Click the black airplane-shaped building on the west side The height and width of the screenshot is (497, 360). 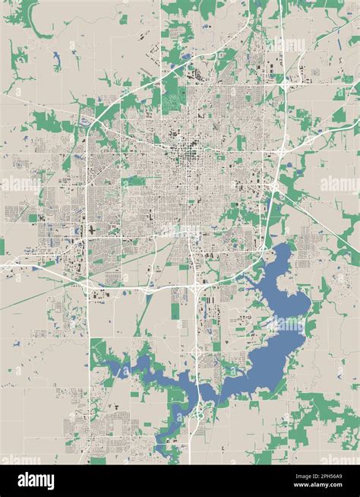(92, 229)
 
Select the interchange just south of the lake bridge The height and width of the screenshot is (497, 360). (199, 414)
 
